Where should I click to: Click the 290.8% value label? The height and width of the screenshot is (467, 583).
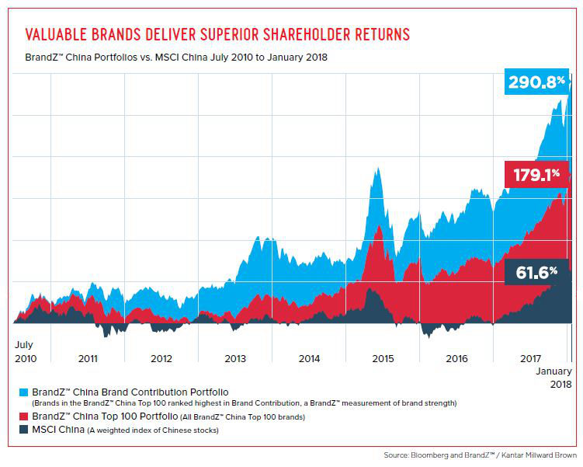[536, 81]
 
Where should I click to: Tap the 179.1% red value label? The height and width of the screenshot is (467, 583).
[535, 174]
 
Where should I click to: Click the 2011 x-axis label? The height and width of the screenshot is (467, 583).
[88, 358]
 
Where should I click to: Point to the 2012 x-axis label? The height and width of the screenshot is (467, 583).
[161, 358]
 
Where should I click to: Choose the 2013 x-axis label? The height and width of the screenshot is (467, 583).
[235, 358]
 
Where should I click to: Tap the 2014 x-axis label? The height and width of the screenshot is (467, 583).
[309, 358]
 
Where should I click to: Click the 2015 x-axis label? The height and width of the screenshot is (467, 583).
[383, 358]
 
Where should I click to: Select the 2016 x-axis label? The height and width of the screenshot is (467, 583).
[457, 358]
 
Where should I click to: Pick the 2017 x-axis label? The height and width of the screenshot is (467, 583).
[530, 358]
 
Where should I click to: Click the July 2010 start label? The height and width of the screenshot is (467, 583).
[25, 351]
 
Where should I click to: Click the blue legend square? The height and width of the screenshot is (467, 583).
[23, 391]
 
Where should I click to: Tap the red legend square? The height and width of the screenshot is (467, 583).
[23, 417]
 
